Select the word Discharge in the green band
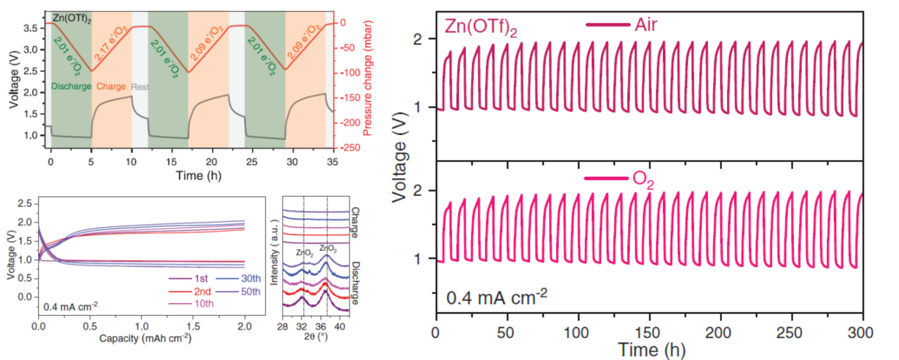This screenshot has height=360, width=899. (x=71, y=86)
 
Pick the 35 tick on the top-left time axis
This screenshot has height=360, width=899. (x=332, y=163)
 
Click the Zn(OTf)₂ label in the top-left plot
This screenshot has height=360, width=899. (x=70, y=17)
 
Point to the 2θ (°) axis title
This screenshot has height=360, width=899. (x=314, y=338)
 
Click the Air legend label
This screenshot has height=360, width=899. (x=645, y=25)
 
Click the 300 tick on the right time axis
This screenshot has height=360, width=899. (x=863, y=332)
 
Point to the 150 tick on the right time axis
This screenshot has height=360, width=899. (x=649, y=332)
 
